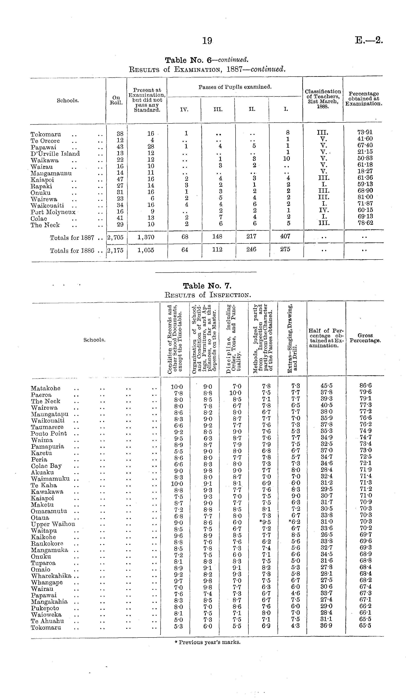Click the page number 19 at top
[207, 41]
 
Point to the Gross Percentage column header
[365, 338]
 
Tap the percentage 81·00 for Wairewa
[365, 197]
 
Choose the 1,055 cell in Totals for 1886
[146, 250]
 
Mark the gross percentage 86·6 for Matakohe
[365, 386]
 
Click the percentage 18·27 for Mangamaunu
[365, 171]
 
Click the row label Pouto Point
[49, 433]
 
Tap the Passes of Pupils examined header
[235, 87]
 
